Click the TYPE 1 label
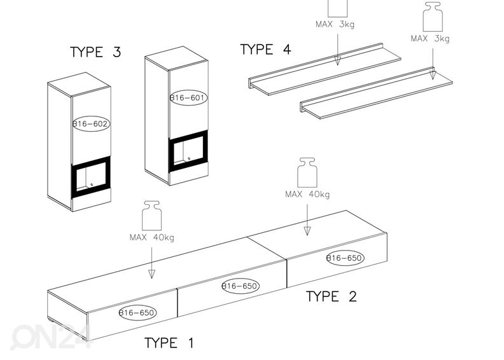pyautogui.click(x=169, y=343)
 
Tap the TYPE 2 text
pyautogui.click(x=331, y=296)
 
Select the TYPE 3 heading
pyautogui.click(x=95, y=52)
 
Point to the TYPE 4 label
pyautogui.click(x=265, y=50)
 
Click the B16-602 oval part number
pyautogui.click(x=91, y=124)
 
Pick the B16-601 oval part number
pyautogui.click(x=188, y=97)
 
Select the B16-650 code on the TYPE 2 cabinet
pyautogui.click(x=345, y=258)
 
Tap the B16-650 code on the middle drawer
pyautogui.click(x=241, y=286)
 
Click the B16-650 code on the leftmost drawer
pyautogui.click(x=137, y=312)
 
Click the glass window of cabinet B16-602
pyautogui.click(x=91, y=177)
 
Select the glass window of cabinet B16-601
pyautogui.click(x=188, y=151)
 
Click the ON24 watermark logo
pyautogui.click(x=52, y=336)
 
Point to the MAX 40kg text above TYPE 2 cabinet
pyautogui.click(x=307, y=194)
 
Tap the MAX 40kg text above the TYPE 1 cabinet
pyautogui.click(x=151, y=238)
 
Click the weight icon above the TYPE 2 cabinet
pyautogui.click(x=307, y=172)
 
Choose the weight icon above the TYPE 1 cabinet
pyautogui.click(x=151, y=216)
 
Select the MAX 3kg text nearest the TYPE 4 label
pyautogui.click(x=335, y=24)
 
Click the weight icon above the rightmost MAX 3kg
pyautogui.click(x=433, y=17)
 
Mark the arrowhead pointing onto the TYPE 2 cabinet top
pyautogui.click(x=307, y=231)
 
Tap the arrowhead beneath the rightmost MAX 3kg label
pyautogui.click(x=433, y=75)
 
